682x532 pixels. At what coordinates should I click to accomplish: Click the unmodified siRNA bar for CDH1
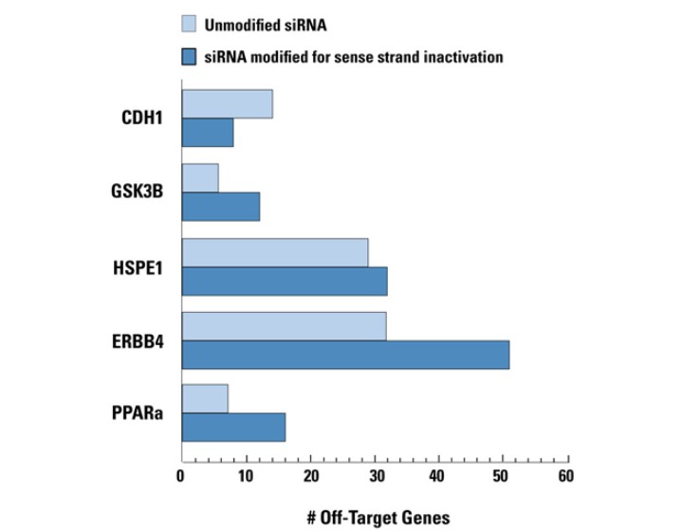click(x=227, y=104)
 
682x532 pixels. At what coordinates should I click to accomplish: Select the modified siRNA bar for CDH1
click(x=207, y=133)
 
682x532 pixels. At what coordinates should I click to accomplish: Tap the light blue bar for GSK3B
click(x=199, y=177)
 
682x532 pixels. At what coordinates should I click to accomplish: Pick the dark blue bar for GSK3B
click(x=220, y=207)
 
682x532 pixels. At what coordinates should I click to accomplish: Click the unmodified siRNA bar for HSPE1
click(x=274, y=252)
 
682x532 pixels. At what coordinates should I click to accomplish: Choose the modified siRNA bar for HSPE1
click(x=284, y=281)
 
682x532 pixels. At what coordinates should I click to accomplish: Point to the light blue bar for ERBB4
click(x=284, y=326)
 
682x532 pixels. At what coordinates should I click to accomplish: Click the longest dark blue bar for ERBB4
click(x=344, y=355)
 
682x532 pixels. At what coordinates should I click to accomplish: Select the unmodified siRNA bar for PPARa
click(x=204, y=399)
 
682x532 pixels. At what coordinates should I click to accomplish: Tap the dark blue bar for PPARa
click(x=232, y=428)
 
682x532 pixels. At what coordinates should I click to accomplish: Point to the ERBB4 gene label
click(x=138, y=340)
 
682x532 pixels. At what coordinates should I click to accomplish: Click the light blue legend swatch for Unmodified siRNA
click(x=194, y=25)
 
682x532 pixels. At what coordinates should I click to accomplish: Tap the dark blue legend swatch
click(x=194, y=57)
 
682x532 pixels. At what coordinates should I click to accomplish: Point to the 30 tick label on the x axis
click(x=374, y=476)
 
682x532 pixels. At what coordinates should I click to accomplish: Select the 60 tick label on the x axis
click(x=566, y=476)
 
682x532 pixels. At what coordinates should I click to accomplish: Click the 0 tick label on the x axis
click(x=181, y=476)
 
